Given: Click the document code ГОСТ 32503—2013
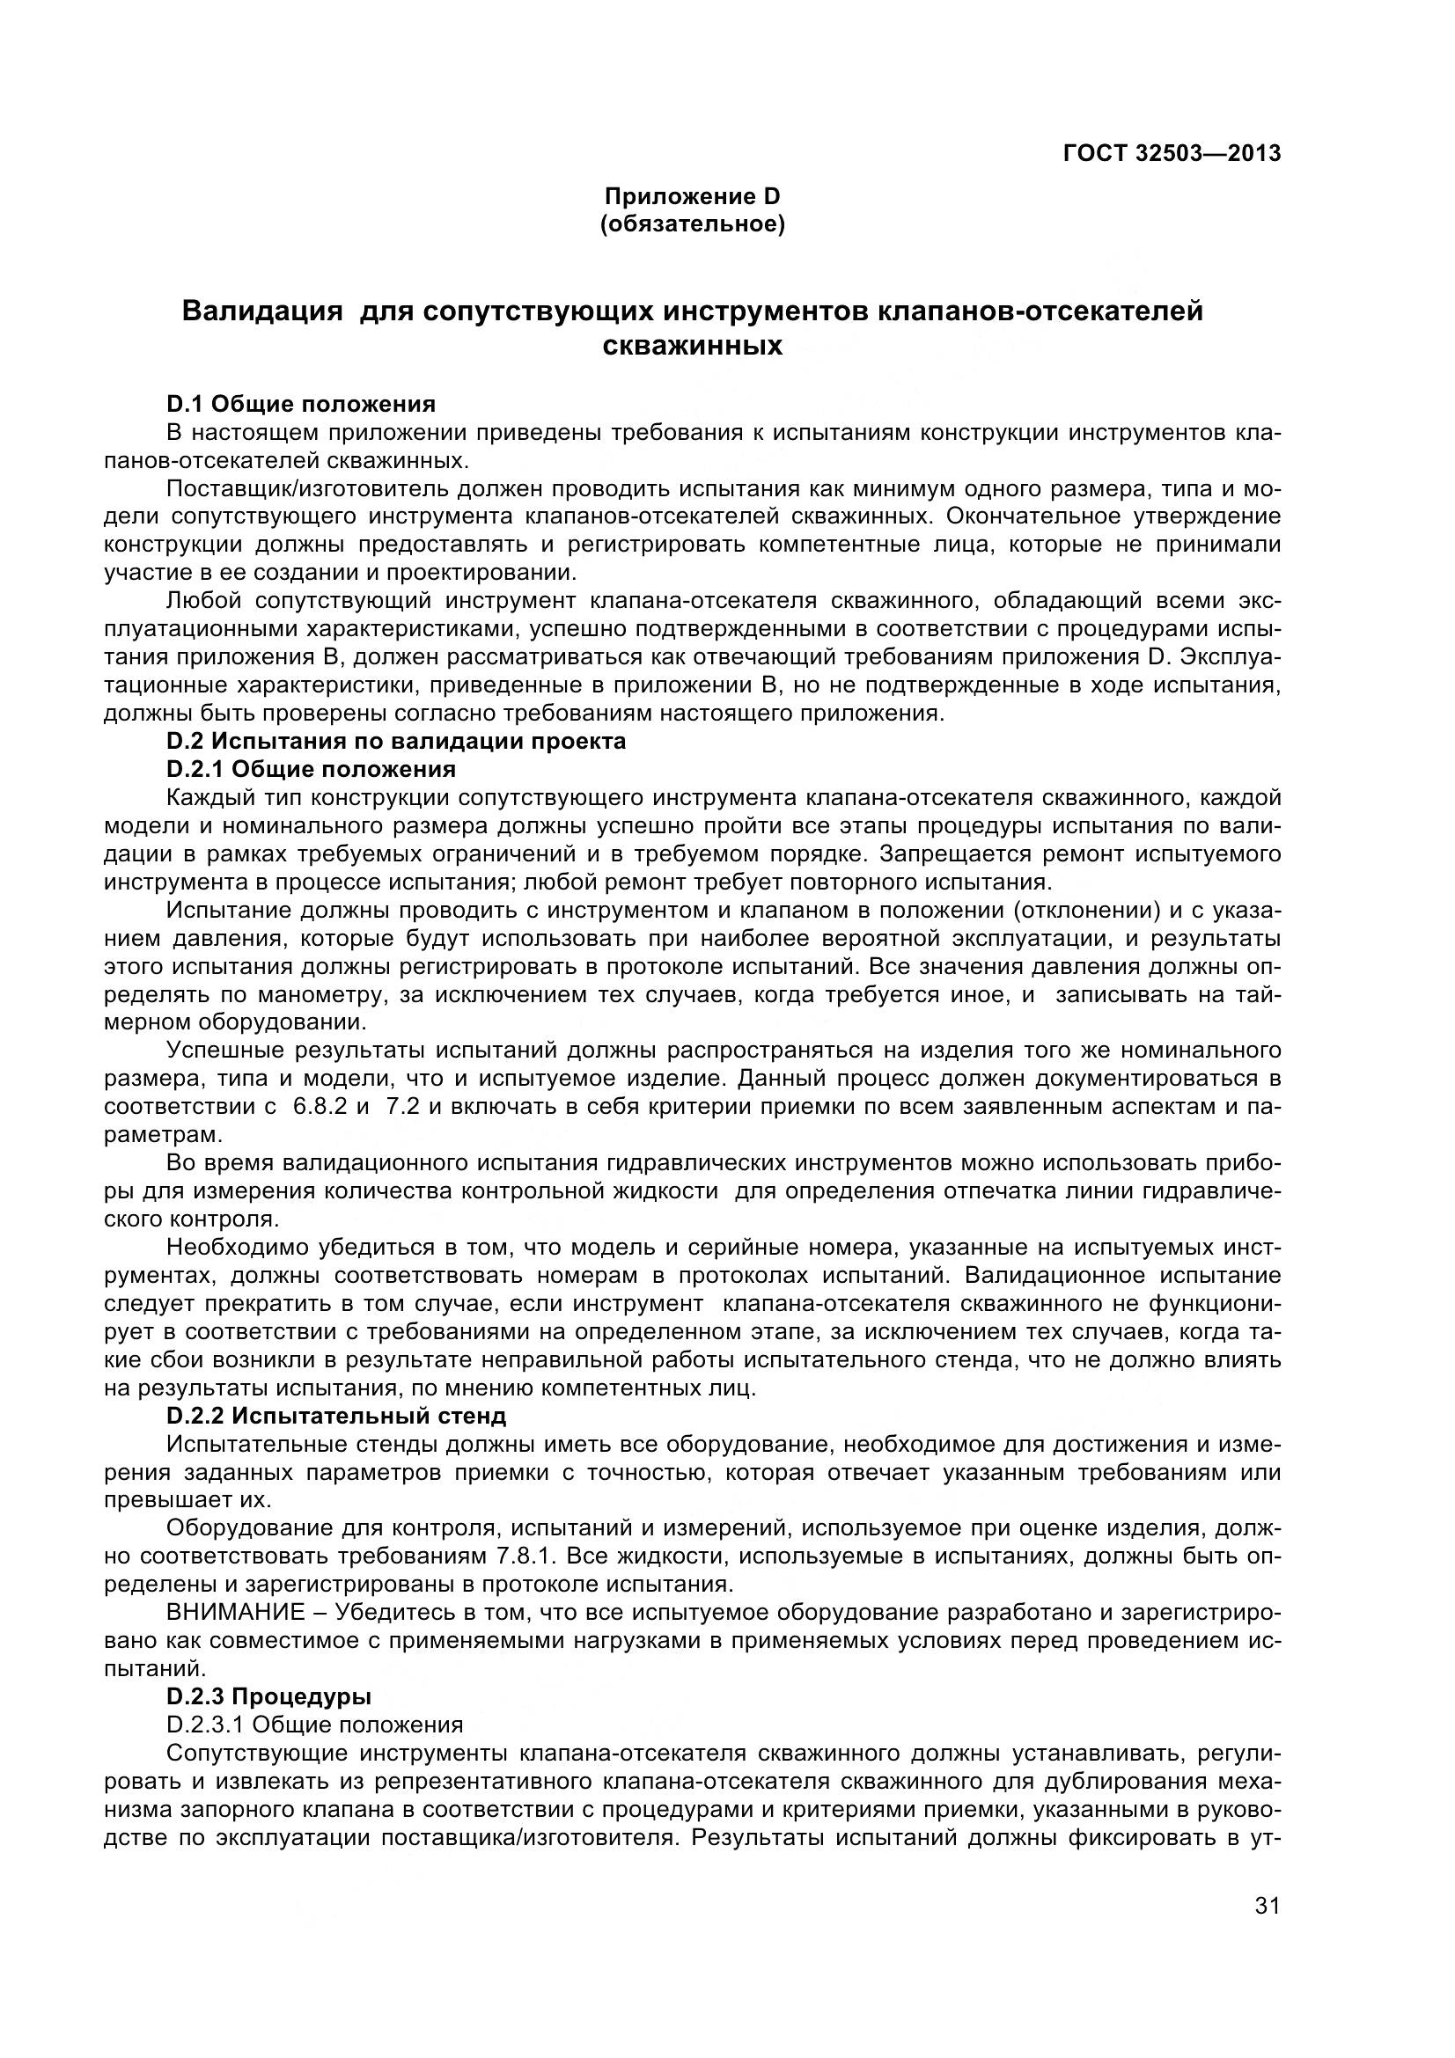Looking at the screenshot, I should (1171, 153).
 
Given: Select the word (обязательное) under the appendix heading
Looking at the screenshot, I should (692, 224).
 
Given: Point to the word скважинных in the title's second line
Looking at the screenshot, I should (692, 346).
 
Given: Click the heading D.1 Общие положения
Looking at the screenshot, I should (301, 404).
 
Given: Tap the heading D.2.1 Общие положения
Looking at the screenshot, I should (311, 769).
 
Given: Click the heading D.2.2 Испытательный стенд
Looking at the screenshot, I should (336, 1416).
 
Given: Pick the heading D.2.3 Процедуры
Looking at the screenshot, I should (269, 1695).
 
